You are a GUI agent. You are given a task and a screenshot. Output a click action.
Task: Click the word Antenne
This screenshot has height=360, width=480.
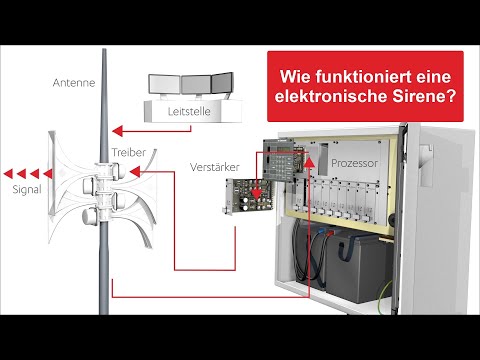pyautogui.click(x=75, y=83)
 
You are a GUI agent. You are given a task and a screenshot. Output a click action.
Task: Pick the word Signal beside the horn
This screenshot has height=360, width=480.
pyautogui.click(x=26, y=187)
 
